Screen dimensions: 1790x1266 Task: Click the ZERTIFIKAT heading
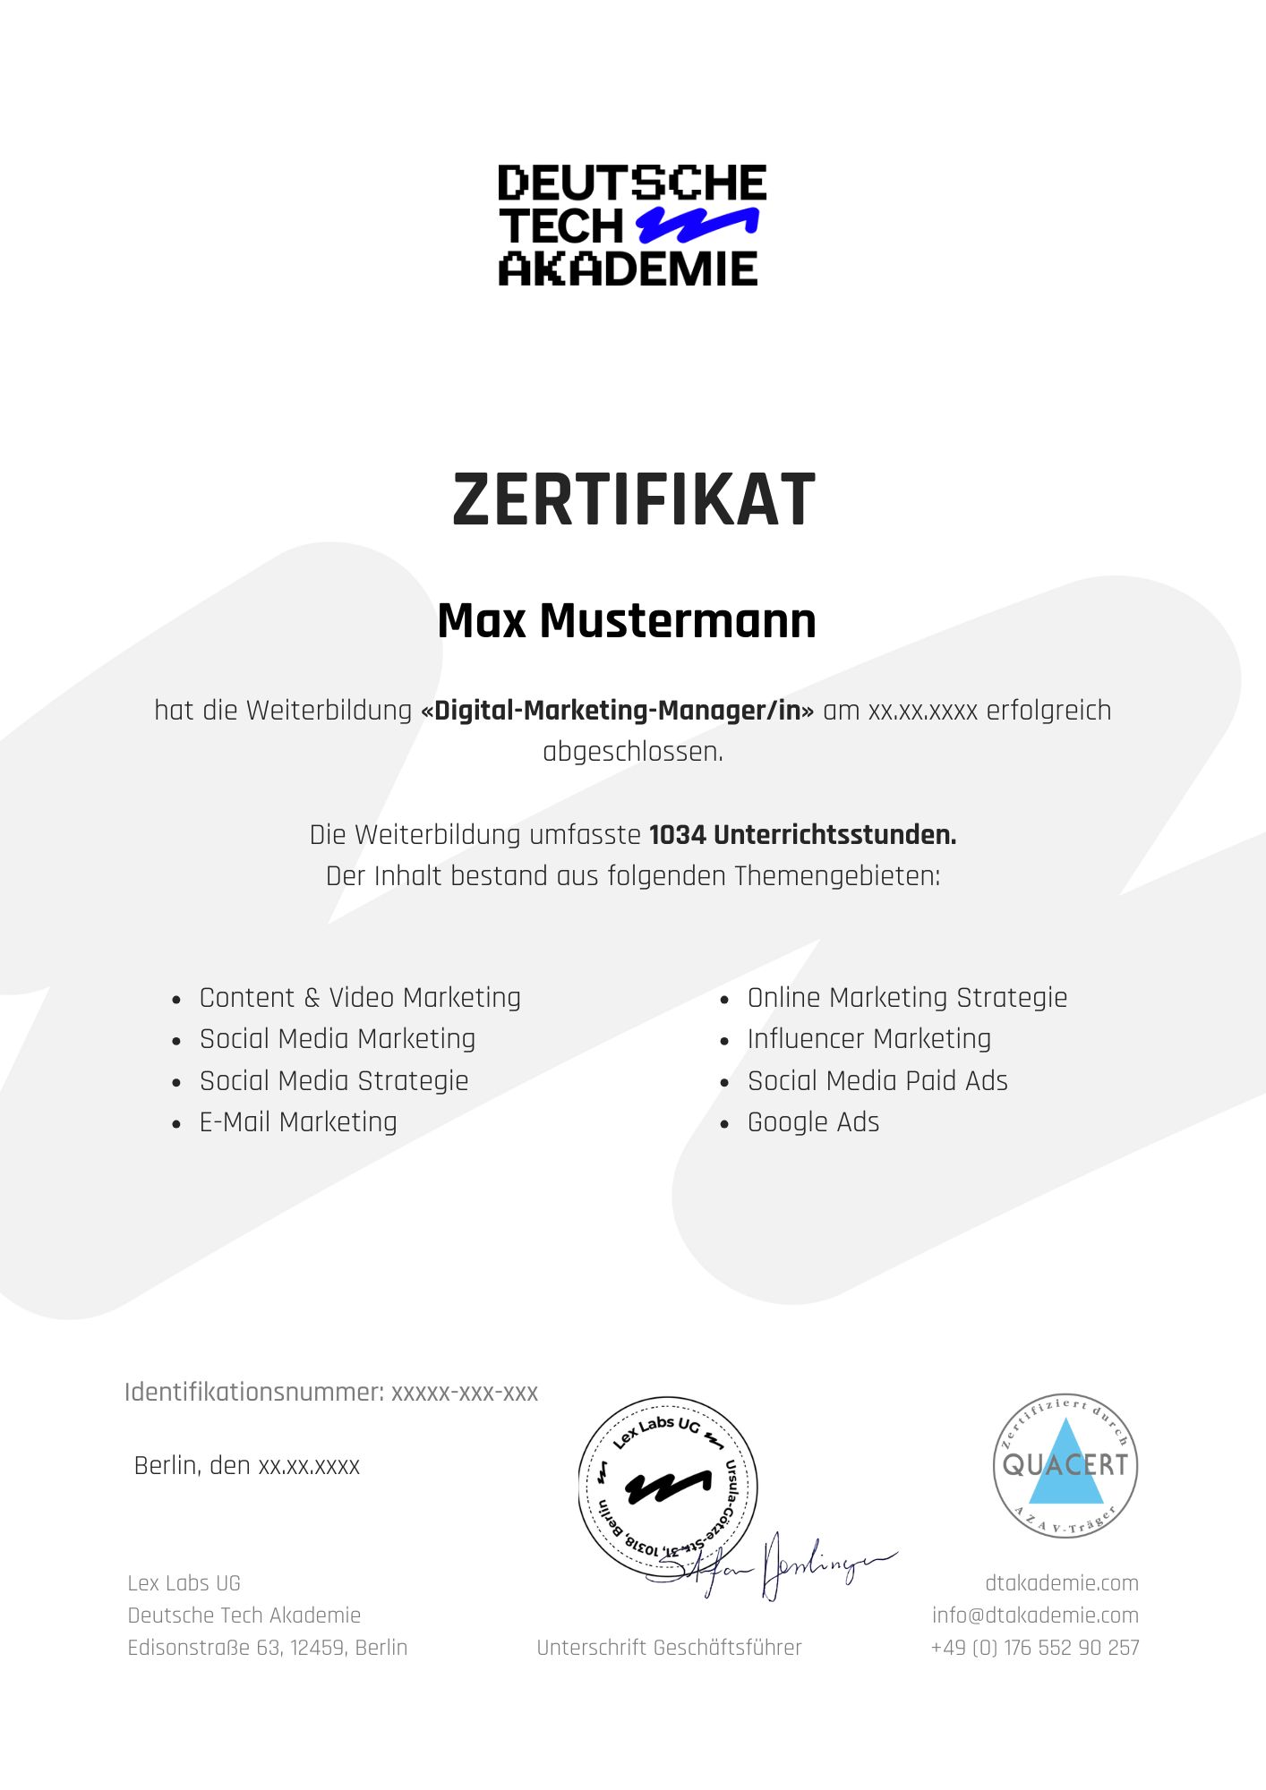(x=634, y=499)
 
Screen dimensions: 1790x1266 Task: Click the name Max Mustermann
(x=627, y=620)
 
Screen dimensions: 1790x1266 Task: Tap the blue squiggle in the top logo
(x=697, y=225)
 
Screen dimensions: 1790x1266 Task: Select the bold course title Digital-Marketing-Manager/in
(x=618, y=711)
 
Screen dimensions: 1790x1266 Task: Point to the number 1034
(x=677, y=835)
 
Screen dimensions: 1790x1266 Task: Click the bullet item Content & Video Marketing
(x=360, y=997)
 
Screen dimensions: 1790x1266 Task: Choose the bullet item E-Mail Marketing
(x=298, y=1121)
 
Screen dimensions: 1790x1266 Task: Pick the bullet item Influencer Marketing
(x=868, y=1038)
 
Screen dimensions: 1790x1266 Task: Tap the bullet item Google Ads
(x=813, y=1121)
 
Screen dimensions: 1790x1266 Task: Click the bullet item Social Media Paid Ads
(x=877, y=1080)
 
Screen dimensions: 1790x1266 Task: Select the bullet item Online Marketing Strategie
(x=907, y=997)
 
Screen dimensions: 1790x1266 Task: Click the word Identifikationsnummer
(x=254, y=1392)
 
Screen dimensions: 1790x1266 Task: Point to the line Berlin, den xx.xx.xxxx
(x=247, y=1465)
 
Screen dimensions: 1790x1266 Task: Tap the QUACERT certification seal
(x=1065, y=1465)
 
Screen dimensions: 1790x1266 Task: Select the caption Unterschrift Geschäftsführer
(x=669, y=1648)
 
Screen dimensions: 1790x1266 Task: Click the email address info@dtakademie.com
(x=1035, y=1615)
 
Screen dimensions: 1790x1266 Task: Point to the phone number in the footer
(x=1035, y=1648)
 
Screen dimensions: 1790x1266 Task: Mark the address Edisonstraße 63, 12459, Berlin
(x=268, y=1648)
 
